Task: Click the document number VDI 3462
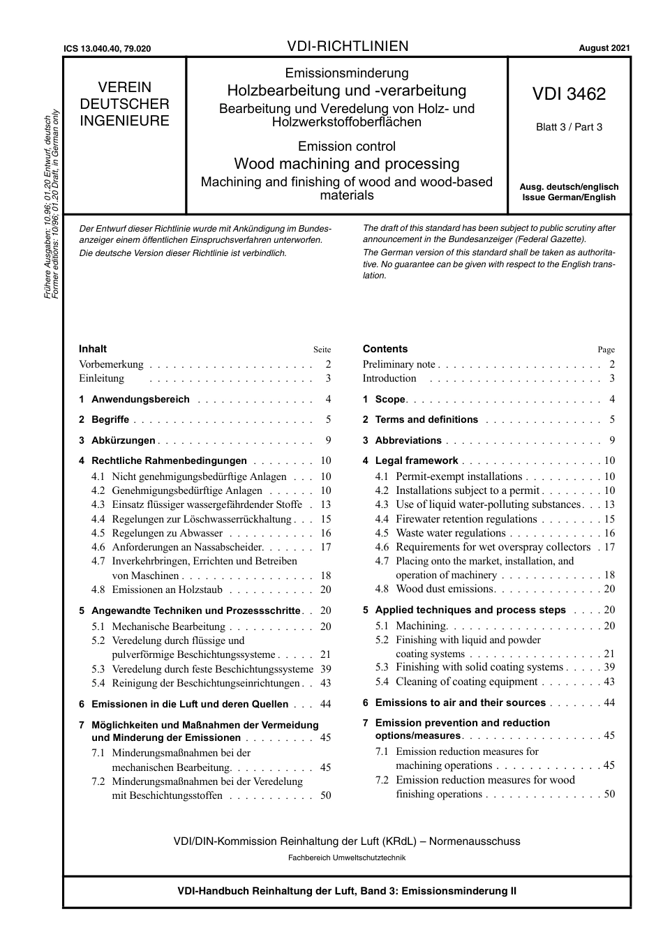(569, 94)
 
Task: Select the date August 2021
(604, 48)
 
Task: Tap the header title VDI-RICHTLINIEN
(348, 47)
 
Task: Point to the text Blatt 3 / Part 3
(569, 127)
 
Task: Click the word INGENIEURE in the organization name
(124, 121)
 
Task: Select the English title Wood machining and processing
(347, 164)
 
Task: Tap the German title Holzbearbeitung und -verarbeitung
(347, 91)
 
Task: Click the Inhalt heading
(93, 349)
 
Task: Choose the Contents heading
(385, 349)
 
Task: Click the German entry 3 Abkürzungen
(117, 440)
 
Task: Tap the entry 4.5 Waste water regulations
(450, 533)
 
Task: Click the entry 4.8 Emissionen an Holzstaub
(167, 590)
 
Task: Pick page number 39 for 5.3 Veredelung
(325, 669)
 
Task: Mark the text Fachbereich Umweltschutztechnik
(347, 857)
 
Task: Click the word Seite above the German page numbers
(322, 350)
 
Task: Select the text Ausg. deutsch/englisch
(569, 187)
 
